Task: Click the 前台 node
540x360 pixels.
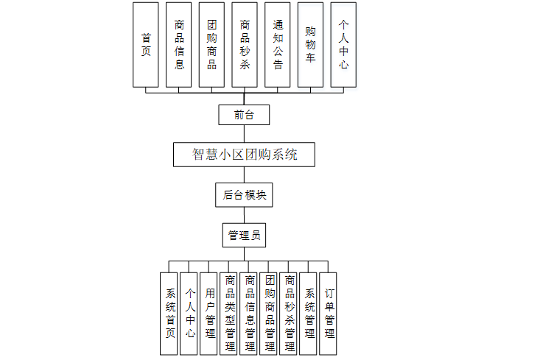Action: coord(244,115)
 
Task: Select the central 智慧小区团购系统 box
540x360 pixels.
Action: coord(244,155)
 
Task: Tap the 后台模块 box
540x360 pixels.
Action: coord(244,195)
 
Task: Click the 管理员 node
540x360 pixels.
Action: coord(244,236)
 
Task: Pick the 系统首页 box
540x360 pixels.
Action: coord(169,314)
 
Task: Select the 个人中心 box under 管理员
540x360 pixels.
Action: coord(189,314)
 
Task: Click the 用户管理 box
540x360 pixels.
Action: coord(209,314)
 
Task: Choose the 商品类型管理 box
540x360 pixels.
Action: coord(229,314)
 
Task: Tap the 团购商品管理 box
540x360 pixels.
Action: coord(269,314)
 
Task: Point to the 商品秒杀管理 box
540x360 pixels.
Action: coord(289,314)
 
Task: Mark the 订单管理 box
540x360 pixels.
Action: coord(329,314)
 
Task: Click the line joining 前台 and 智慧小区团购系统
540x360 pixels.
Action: coord(244,134)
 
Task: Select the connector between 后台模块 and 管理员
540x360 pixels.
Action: coord(244,215)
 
